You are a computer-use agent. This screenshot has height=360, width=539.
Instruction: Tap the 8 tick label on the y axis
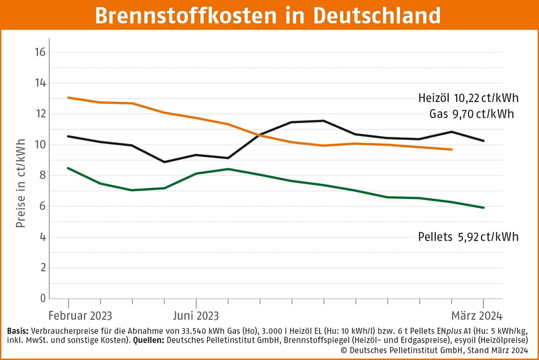[42, 176]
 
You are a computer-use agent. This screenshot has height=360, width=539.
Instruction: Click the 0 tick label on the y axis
[42, 299]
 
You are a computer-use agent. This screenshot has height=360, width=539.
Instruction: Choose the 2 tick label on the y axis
[42, 268]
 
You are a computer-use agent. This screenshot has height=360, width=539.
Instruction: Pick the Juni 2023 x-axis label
[195, 312]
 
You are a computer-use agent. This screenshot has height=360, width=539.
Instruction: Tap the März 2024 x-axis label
[476, 312]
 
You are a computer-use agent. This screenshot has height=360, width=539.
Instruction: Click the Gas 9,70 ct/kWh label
[472, 114]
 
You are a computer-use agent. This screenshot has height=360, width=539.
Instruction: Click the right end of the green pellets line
[484, 208]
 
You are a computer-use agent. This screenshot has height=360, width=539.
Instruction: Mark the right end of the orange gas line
[452, 150]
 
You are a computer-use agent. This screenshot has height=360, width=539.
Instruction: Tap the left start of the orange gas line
[67, 98]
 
